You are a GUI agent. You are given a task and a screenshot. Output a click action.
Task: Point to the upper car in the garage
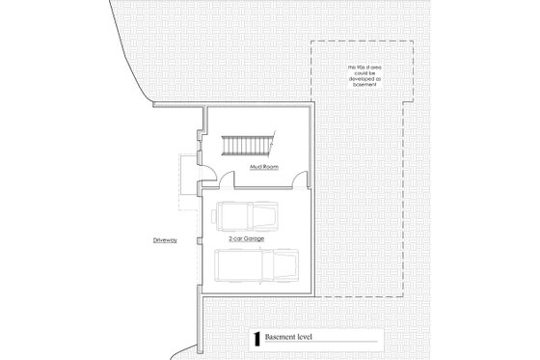248,215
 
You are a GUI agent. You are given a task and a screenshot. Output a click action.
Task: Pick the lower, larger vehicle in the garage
256,264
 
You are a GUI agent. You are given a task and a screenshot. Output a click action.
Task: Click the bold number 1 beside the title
256,339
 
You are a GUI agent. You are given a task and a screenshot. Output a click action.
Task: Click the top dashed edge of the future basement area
363,42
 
